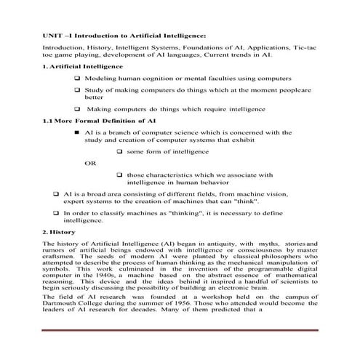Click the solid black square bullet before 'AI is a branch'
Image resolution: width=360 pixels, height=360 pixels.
click(x=78, y=132)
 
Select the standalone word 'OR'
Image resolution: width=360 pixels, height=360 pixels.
click(x=90, y=163)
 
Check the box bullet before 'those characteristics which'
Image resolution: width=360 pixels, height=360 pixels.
click(x=119, y=175)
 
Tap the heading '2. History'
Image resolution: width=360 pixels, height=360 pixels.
click(x=55, y=230)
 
